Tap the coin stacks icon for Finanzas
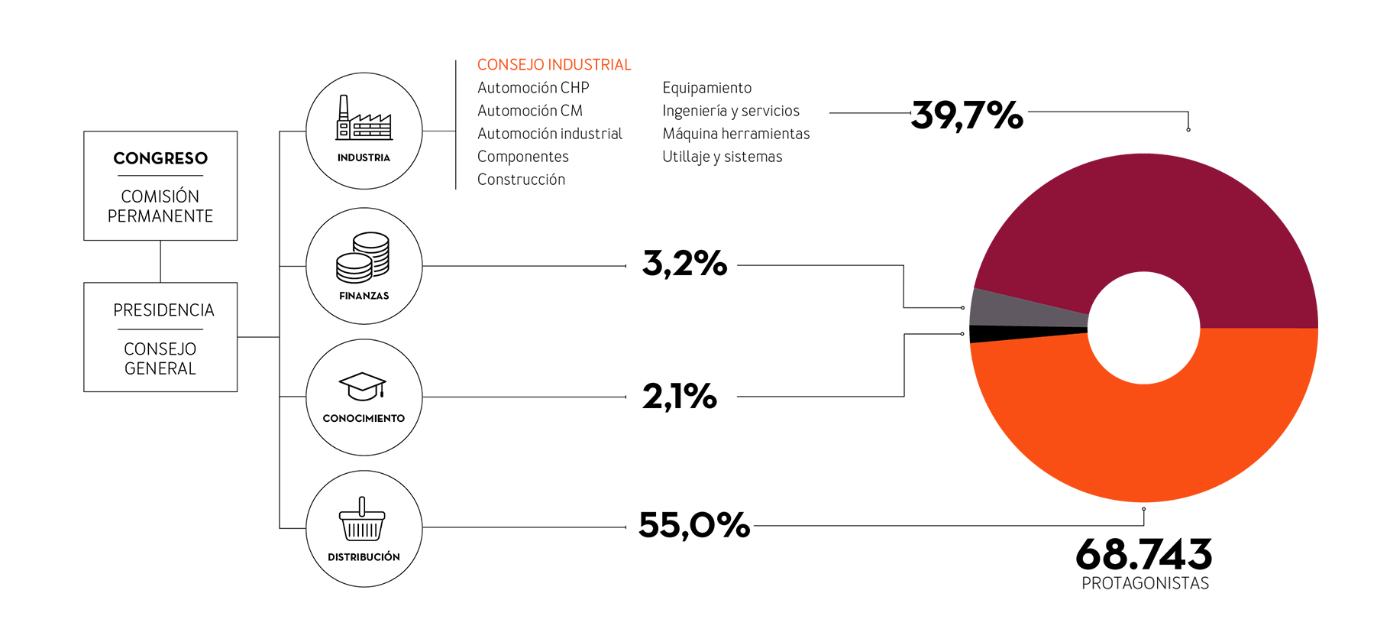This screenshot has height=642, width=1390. point(363,258)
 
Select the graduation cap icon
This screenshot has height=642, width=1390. point(363,387)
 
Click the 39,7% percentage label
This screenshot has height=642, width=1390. point(967,115)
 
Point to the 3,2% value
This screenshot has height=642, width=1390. point(685,264)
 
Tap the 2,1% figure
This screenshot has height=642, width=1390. point(680,396)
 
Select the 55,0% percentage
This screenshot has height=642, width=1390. point(694,525)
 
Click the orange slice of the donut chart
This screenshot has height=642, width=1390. point(1146,436)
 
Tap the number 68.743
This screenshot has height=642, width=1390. point(1143,554)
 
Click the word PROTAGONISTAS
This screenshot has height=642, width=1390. point(1145,584)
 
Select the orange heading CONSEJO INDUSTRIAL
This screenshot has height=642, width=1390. point(554,65)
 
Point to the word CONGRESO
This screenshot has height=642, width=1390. point(160,158)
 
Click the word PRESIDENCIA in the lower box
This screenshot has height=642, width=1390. point(163,310)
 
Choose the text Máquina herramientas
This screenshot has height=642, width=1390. point(736,134)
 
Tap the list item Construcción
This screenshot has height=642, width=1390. point(522,180)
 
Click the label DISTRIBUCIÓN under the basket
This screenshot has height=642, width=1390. point(364,556)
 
